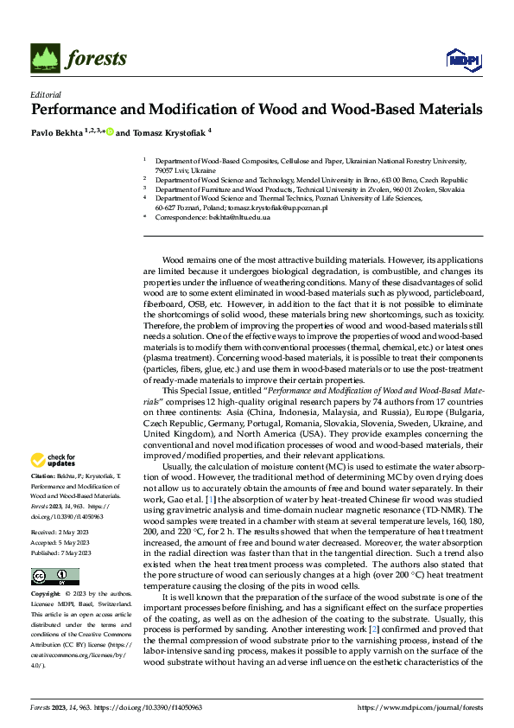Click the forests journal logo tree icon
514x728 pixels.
tap(46, 57)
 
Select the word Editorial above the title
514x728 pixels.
tap(45, 94)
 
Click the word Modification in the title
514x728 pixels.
tap(192, 110)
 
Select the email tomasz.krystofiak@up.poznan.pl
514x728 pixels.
tap(276, 208)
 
